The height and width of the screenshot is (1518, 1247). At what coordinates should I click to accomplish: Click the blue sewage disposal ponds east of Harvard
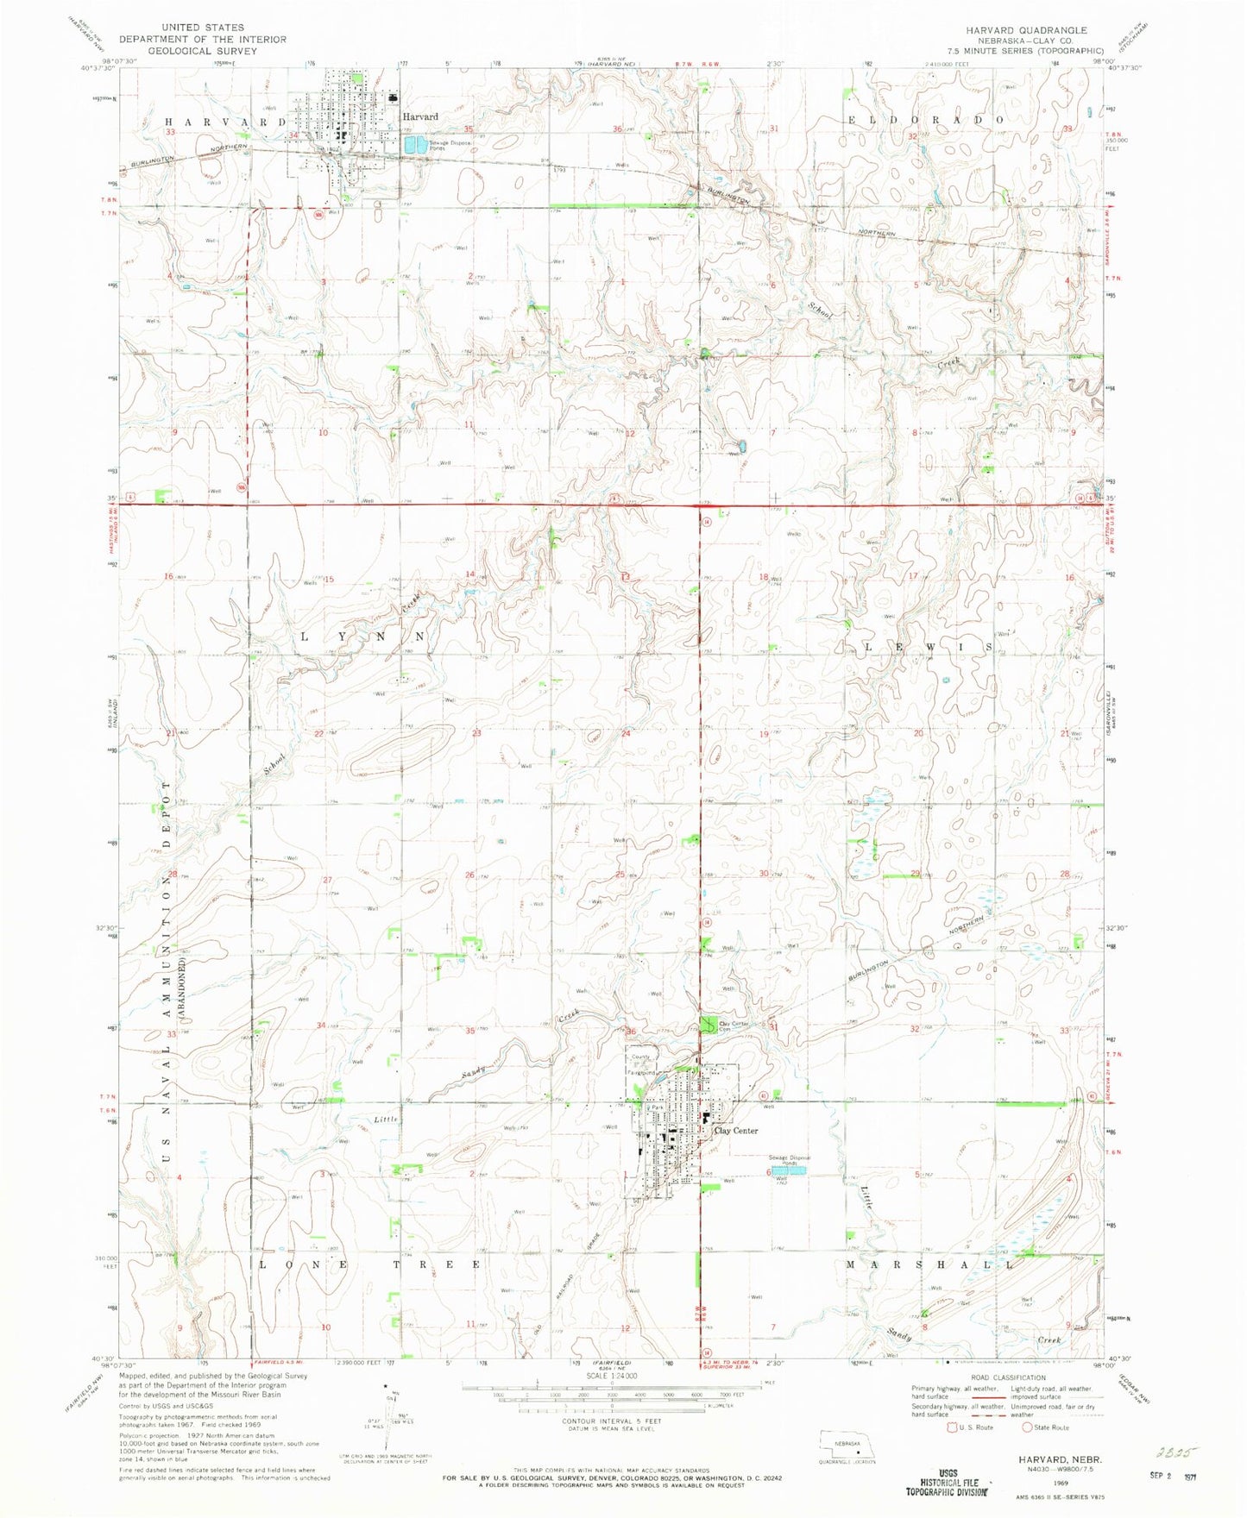[x=416, y=144]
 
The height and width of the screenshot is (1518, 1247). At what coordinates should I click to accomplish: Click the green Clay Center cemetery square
[x=707, y=1026]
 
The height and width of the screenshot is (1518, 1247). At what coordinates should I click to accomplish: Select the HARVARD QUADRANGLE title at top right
[x=1046, y=29]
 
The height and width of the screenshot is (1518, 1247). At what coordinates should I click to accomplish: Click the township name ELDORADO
[x=927, y=120]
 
